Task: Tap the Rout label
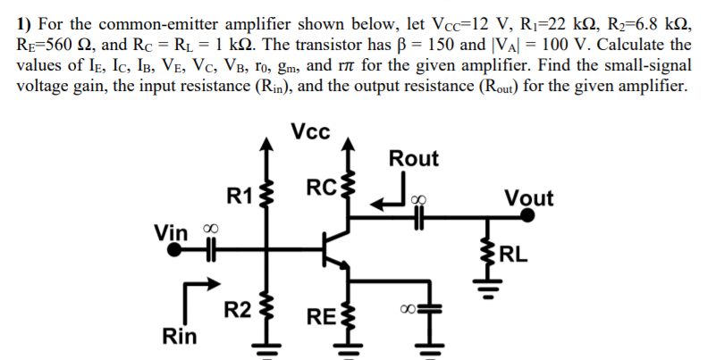tap(414, 159)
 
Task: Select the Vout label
tap(528, 197)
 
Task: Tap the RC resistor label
tap(319, 188)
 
